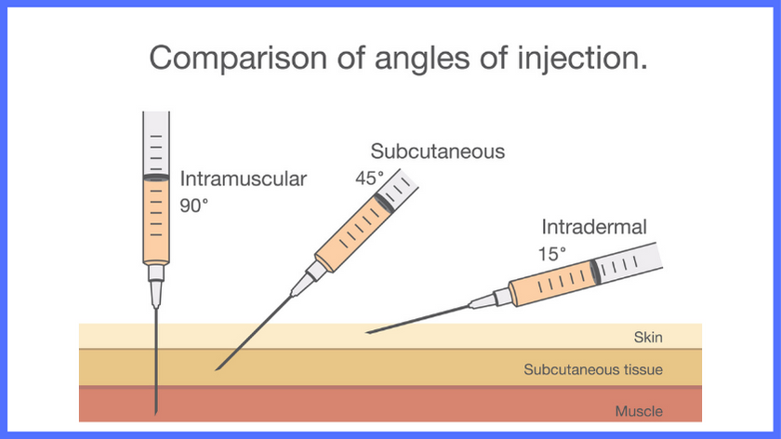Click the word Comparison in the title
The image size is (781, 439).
point(239,59)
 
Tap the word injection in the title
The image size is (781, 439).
point(582,59)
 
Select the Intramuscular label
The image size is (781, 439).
point(243,179)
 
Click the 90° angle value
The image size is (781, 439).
point(193,206)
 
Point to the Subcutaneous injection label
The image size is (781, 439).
point(437,152)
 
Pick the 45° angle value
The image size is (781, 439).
point(370,178)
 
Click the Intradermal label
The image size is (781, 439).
point(594,227)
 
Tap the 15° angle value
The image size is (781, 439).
point(552,254)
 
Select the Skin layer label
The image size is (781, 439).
point(648,338)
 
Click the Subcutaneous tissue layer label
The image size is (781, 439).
point(593,370)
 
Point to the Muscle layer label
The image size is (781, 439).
point(639,412)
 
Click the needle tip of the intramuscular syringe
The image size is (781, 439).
point(156,414)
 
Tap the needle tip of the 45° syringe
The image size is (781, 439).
point(216,370)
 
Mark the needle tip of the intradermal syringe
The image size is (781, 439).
point(367,332)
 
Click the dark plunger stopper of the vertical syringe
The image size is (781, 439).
point(156,178)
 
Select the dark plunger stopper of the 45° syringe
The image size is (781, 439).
point(383,203)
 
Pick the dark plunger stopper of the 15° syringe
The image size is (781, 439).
point(595,273)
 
